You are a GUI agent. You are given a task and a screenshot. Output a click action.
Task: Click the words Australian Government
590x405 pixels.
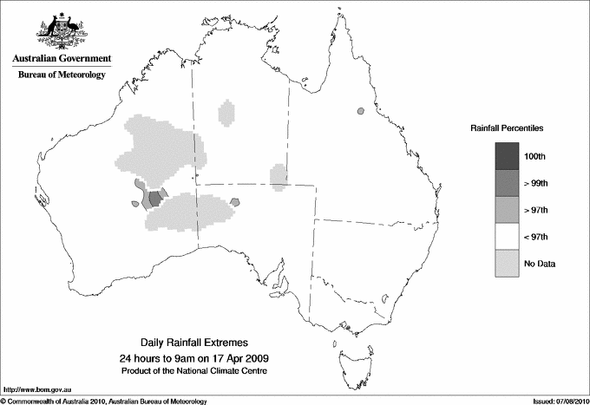click(61, 59)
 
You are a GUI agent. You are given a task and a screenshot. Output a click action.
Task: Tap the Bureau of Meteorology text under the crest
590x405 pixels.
click(61, 75)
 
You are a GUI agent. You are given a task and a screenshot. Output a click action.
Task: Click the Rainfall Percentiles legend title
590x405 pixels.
click(507, 128)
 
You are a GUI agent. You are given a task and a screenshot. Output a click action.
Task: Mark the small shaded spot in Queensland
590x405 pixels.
click(359, 111)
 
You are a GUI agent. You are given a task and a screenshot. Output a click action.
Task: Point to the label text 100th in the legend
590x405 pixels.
click(535, 156)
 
